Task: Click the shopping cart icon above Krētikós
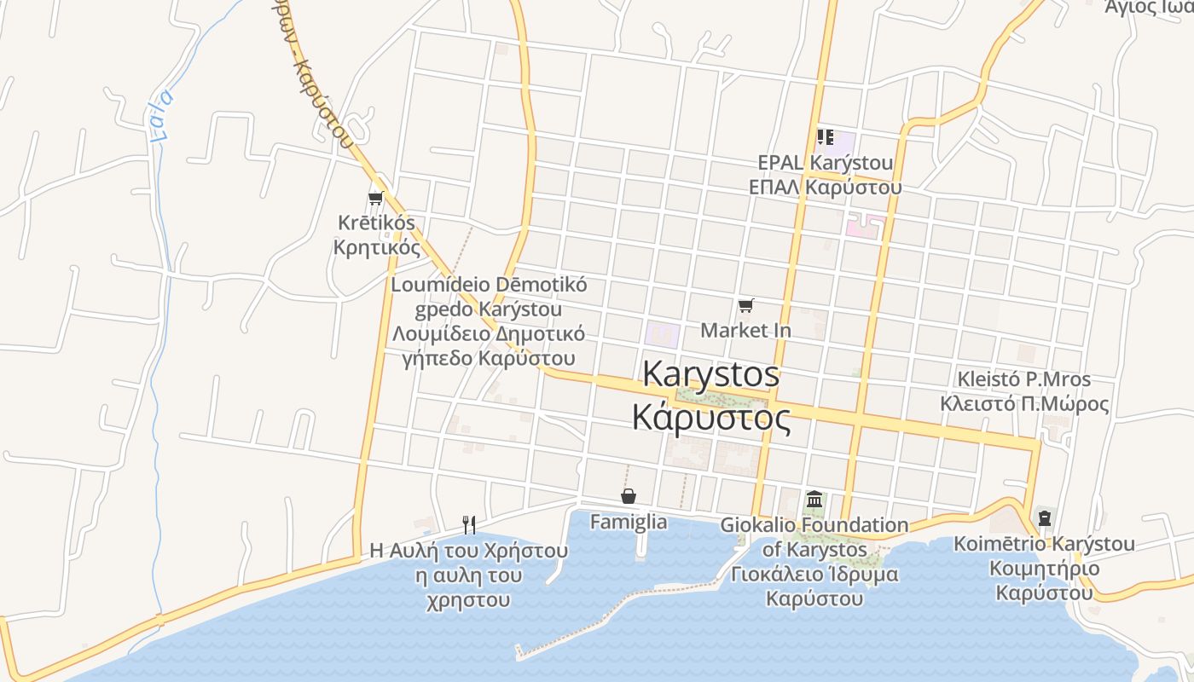point(375,199)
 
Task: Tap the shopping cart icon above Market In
point(746,305)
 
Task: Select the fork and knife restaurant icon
point(468,524)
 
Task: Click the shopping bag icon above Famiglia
point(629,496)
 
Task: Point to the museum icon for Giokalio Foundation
point(814,500)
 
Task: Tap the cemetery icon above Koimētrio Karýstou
point(1044,517)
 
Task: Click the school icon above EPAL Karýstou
point(825,136)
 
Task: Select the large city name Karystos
point(710,374)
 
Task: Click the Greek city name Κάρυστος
point(710,418)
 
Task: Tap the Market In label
point(745,330)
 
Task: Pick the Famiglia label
point(629,522)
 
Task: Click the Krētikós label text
point(376,223)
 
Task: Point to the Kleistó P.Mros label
point(1023,379)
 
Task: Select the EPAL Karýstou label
point(826,162)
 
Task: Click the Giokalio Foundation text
point(814,525)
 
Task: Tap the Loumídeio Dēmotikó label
point(489,285)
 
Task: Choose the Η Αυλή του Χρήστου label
point(468,551)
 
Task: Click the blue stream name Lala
point(159,114)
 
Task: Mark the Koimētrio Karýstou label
point(1044,544)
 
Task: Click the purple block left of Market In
point(662,335)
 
